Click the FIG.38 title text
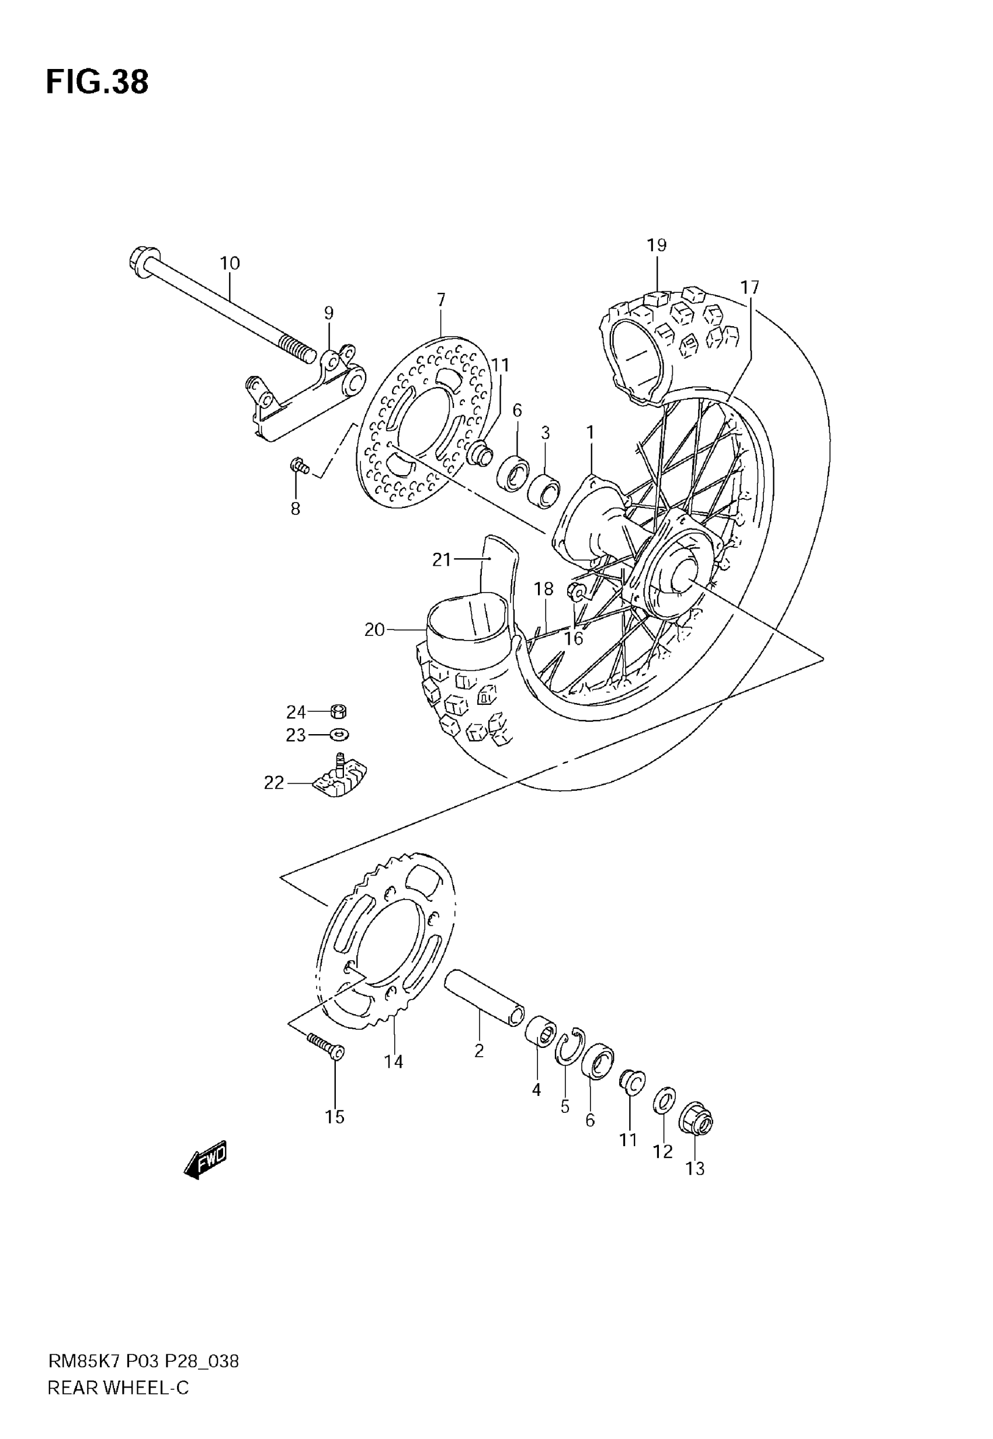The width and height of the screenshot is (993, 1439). [98, 82]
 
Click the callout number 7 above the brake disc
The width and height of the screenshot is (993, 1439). [441, 300]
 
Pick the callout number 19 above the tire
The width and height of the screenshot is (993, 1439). [657, 245]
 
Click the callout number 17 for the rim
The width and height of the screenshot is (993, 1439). [750, 288]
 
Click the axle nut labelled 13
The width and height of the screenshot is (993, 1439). [697, 1120]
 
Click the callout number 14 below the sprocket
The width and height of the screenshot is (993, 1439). [393, 1061]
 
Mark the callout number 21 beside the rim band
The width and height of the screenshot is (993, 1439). [441, 560]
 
